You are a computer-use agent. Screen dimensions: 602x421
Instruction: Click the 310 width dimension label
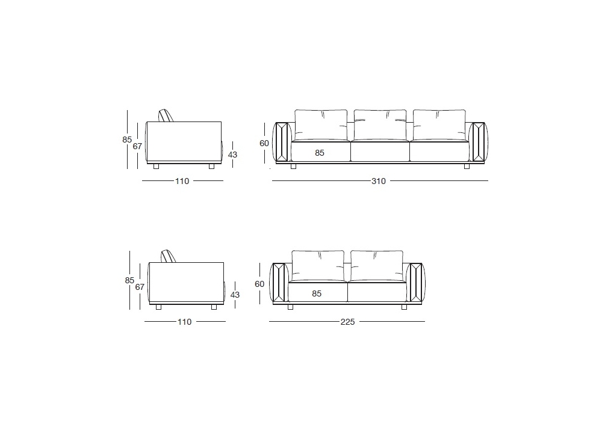point(378,181)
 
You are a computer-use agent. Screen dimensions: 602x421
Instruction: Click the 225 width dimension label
point(347,322)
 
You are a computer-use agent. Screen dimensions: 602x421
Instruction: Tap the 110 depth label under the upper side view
point(182,181)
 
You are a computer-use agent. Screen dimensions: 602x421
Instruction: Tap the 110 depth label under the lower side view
point(184,322)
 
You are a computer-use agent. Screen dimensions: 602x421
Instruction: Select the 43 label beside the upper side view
point(232,155)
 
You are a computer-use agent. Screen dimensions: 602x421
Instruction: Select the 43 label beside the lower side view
point(235,295)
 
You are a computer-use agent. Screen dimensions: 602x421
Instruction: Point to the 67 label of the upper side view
point(137,146)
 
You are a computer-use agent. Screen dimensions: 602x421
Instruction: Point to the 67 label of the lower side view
point(140,287)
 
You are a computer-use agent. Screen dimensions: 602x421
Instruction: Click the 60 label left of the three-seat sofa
point(264,143)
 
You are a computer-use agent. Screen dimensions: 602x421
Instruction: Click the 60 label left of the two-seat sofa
point(259,284)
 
